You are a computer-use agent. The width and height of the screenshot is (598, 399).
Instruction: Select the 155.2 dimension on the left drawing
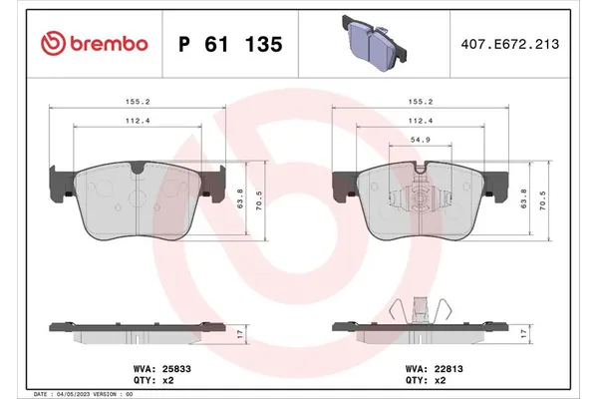138,102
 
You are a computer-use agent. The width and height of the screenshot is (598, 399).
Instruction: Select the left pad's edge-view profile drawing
138,330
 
